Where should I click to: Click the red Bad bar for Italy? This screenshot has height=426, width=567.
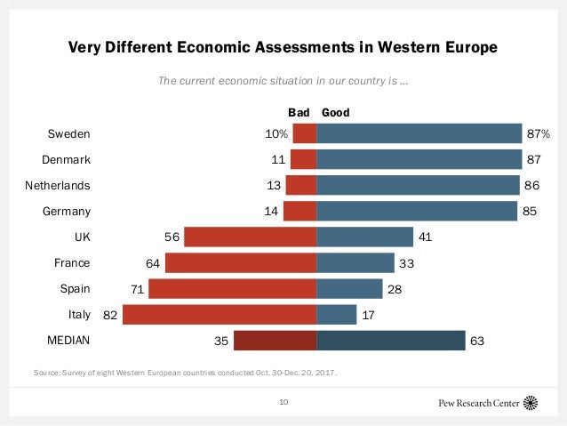[x=220, y=315]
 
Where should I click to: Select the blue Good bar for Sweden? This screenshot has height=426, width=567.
[x=419, y=133]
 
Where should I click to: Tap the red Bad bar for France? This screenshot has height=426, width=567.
[x=241, y=263]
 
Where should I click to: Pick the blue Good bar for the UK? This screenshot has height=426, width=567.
[x=364, y=237]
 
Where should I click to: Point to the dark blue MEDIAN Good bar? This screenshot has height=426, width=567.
[x=390, y=341]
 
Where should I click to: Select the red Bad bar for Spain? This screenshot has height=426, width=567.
[x=233, y=289]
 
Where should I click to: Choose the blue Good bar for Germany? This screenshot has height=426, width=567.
[x=417, y=212]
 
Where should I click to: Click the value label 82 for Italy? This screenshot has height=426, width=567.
[x=108, y=315]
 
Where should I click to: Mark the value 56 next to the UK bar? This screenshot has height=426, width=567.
[x=172, y=237]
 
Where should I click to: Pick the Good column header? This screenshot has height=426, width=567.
[x=335, y=113]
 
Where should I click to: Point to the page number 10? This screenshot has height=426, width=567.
[x=283, y=402]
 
